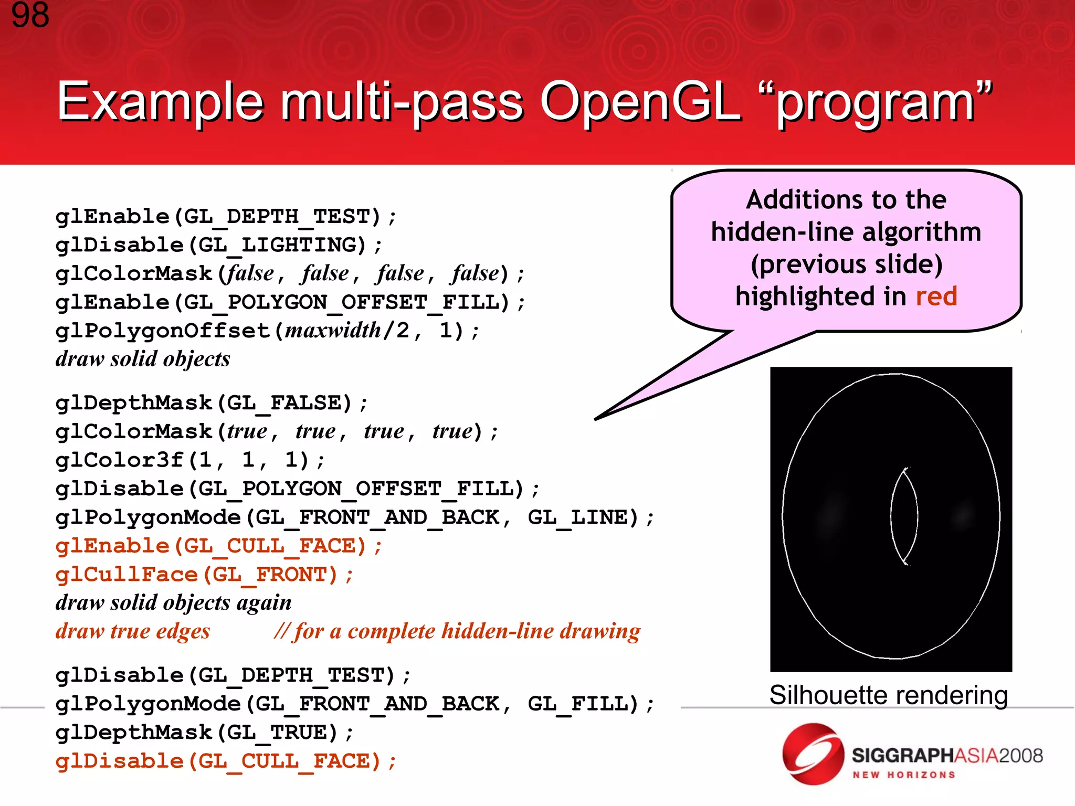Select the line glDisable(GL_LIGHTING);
tap(218, 245)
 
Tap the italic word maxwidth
tap(333, 331)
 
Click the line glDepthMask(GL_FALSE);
tap(211, 403)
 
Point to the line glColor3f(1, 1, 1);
tap(190, 460)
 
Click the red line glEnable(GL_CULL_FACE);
tap(218, 546)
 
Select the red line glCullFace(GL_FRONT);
tap(204, 575)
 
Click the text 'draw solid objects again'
tap(173, 602)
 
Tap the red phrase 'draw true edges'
tap(133, 631)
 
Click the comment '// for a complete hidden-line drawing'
tap(457, 631)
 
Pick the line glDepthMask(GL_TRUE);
tap(204, 733)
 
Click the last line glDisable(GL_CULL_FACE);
tap(226, 761)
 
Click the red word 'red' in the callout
tap(936, 296)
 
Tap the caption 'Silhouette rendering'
tap(888, 695)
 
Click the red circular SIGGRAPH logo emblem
tap(813, 754)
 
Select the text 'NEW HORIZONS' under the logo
tap(903, 775)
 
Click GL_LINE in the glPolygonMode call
tap(582, 518)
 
